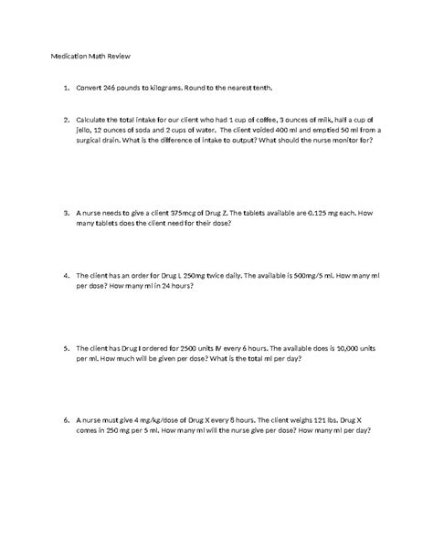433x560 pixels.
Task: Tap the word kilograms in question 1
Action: [197, 89]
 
